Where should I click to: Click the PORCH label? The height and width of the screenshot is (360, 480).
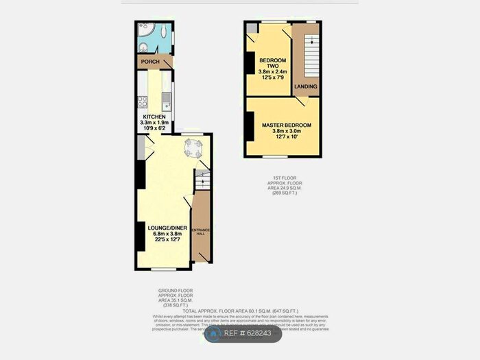(x=149, y=62)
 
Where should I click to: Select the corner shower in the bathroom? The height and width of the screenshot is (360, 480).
(x=145, y=31)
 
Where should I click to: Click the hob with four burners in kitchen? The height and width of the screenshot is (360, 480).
(x=143, y=103)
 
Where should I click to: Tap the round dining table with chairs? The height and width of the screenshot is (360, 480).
(x=193, y=147)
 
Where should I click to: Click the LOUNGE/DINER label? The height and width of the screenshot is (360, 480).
(x=163, y=227)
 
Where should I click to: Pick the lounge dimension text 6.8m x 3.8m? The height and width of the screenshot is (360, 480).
(x=163, y=234)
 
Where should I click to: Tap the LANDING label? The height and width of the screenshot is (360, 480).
(x=305, y=87)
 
